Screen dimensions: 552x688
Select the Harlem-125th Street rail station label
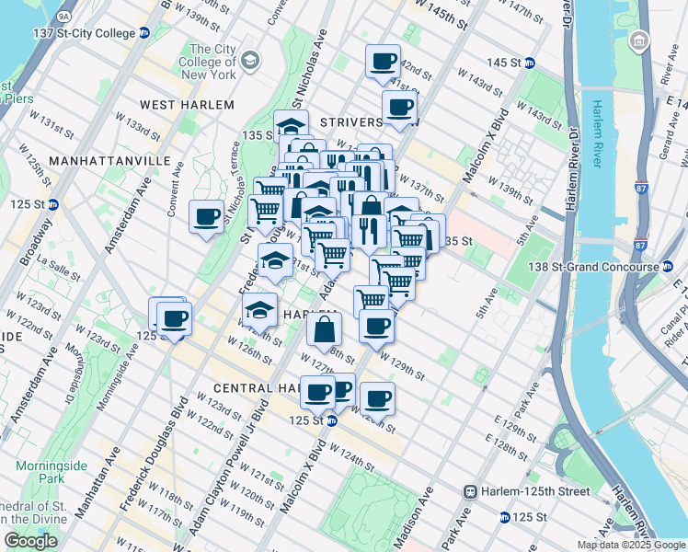click(528, 491)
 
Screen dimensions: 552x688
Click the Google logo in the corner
click(31, 541)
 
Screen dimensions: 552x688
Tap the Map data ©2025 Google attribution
click(630, 545)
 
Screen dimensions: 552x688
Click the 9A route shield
click(63, 16)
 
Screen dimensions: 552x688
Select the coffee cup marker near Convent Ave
click(207, 218)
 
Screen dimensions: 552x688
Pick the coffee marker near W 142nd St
click(383, 63)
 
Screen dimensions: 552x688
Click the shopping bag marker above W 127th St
click(325, 330)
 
